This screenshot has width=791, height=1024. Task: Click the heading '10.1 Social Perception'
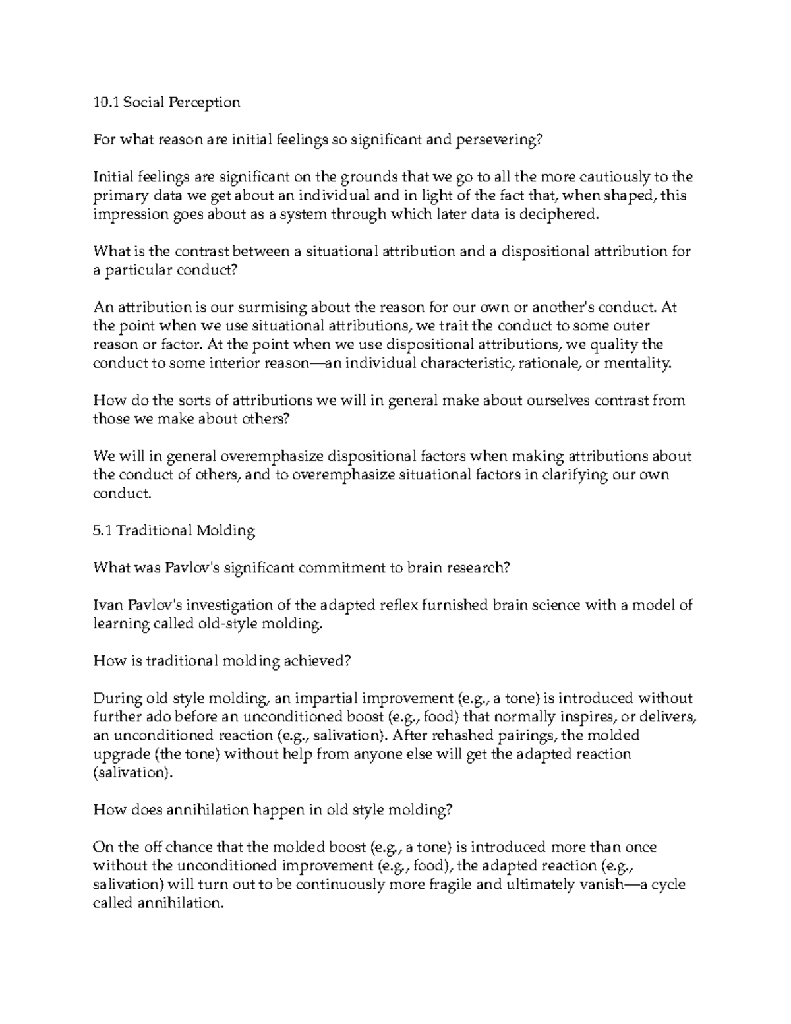pyautogui.click(x=167, y=102)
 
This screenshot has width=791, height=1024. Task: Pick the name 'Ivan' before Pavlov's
pyautogui.click(x=108, y=605)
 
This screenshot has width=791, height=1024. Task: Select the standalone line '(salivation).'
pyautogui.click(x=133, y=772)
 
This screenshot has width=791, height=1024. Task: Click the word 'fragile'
pyautogui.click(x=449, y=884)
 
